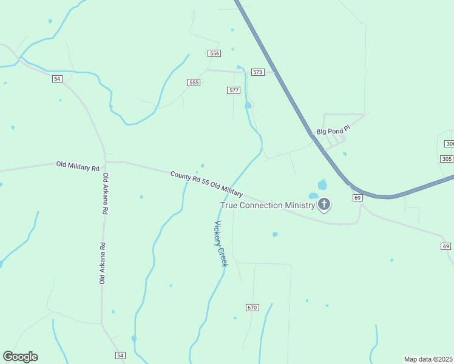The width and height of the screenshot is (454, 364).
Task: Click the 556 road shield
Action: [x=214, y=53]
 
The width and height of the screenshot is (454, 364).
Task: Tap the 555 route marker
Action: [x=194, y=83]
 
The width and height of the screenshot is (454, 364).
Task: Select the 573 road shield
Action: [x=258, y=72]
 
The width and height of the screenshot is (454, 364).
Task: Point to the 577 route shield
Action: [x=234, y=90]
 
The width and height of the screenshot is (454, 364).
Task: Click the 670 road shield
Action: [x=252, y=308]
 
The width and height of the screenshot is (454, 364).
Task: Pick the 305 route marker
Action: [x=446, y=158]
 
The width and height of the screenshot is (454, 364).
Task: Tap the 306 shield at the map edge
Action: [x=449, y=144]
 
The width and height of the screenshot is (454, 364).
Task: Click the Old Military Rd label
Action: [x=78, y=166]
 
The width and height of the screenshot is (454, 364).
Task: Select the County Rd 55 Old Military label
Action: [x=206, y=183]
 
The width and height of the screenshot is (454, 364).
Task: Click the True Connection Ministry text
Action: [x=268, y=205]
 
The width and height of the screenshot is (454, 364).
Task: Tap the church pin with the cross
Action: [x=324, y=204]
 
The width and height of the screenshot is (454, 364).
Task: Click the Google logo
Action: [x=20, y=357]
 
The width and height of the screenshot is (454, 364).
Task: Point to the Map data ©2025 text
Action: [x=428, y=359]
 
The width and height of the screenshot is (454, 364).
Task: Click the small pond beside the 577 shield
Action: [x=248, y=105]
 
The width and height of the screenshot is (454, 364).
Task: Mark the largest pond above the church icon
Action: [x=322, y=184]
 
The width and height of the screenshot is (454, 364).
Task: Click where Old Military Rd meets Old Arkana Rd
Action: [x=106, y=162]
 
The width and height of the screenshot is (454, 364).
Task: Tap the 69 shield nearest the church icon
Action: [x=357, y=198]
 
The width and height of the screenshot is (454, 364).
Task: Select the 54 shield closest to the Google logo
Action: [x=120, y=355]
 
